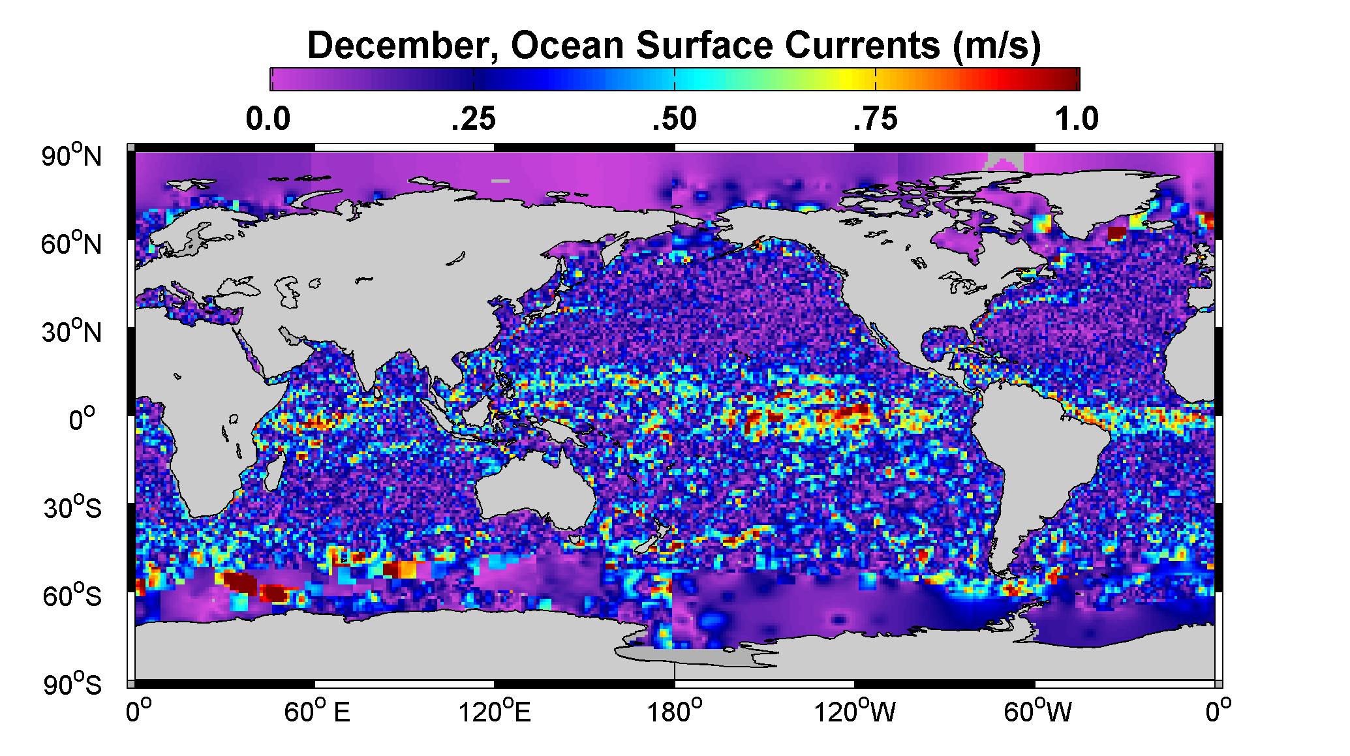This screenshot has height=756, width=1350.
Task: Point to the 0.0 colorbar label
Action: (268, 119)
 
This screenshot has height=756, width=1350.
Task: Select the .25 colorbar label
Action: (474, 119)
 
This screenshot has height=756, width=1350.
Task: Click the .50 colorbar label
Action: (675, 119)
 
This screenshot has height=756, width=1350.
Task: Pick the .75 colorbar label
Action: (876, 119)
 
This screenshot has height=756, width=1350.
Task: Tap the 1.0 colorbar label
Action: (1077, 119)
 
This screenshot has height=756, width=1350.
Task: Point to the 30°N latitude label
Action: (72, 332)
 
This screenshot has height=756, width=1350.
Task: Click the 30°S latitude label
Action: (72, 508)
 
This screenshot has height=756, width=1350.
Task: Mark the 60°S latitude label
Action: (72, 596)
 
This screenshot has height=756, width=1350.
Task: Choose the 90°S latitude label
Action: (72, 684)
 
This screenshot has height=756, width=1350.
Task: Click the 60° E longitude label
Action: (317, 712)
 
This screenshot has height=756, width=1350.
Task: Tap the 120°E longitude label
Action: (495, 712)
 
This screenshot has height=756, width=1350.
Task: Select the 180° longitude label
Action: (675, 712)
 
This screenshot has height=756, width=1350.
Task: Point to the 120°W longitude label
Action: (855, 712)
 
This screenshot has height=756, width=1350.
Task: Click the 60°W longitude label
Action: (1037, 712)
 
